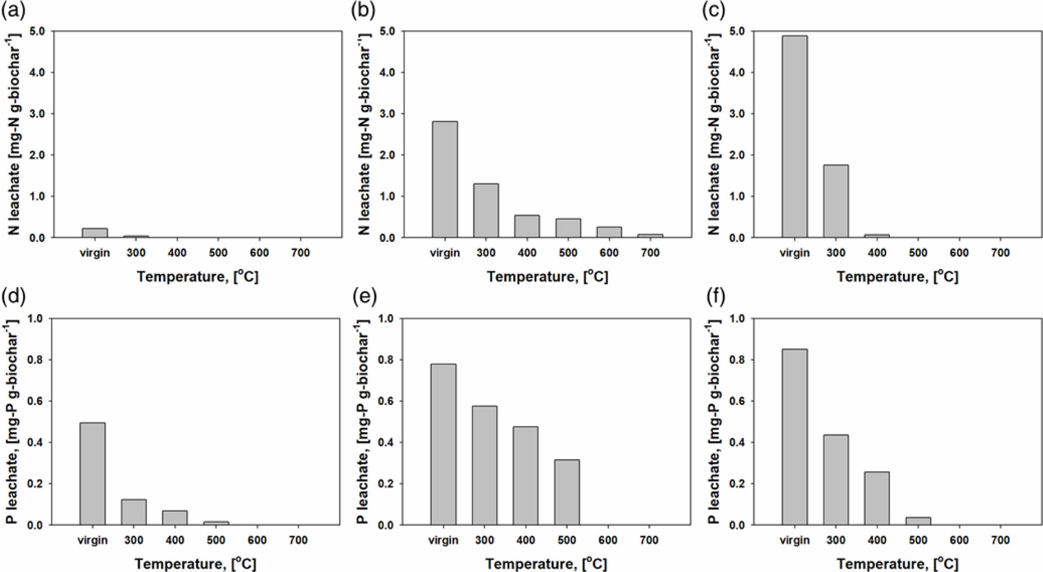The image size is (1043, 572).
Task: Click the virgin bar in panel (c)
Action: (x=794, y=137)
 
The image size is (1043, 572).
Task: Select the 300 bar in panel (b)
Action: (x=486, y=211)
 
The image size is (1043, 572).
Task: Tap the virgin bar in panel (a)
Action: (x=94, y=233)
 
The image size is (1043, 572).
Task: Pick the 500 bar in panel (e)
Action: (x=567, y=492)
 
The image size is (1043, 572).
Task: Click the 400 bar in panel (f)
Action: (x=877, y=498)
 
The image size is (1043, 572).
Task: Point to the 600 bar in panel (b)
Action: (x=609, y=232)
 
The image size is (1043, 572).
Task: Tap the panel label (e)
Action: (x=364, y=297)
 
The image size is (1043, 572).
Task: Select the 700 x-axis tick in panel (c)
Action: (x=1000, y=253)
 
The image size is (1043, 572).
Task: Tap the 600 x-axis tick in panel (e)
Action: (x=608, y=540)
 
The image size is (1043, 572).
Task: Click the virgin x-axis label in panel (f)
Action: (x=794, y=540)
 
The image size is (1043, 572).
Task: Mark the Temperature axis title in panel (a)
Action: (x=197, y=277)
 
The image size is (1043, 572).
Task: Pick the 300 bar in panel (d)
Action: (x=134, y=512)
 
